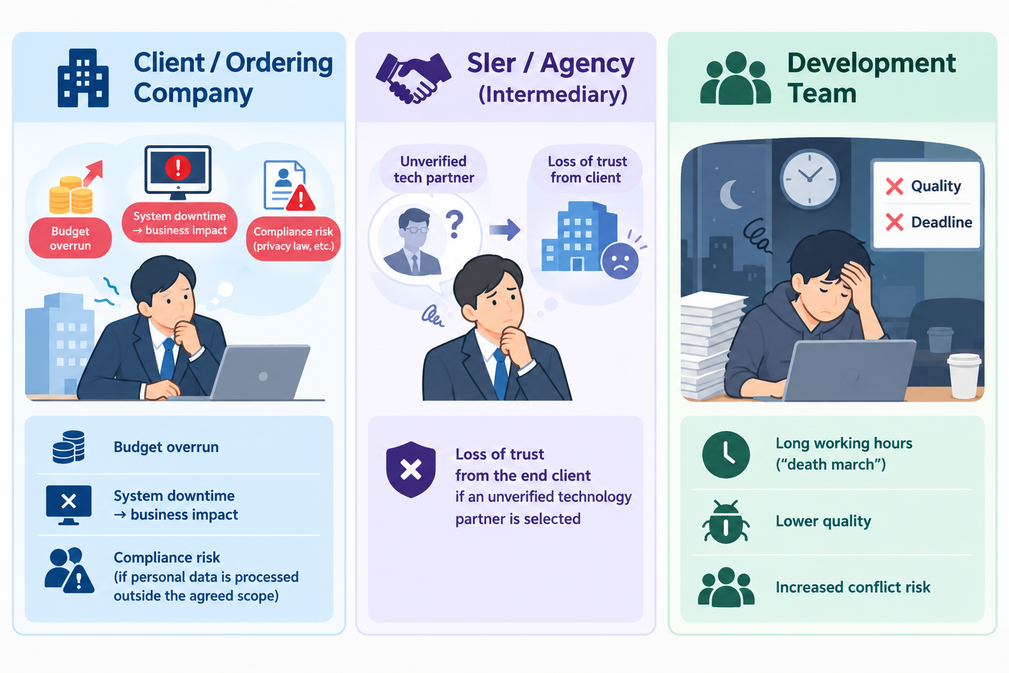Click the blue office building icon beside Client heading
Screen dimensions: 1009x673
click(x=83, y=78)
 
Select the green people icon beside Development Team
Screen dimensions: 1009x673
click(x=735, y=78)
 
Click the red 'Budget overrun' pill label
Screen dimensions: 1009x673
click(x=70, y=238)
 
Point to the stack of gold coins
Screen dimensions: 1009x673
click(x=71, y=195)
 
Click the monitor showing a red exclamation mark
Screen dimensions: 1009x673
click(x=178, y=172)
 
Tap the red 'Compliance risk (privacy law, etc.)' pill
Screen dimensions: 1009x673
click(x=293, y=239)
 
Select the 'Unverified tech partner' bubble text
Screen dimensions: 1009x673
click(x=434, y=170)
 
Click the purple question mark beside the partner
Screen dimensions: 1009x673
click(x=455, y=225)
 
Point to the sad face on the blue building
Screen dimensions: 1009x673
click(x=620, y=261)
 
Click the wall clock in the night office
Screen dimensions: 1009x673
click(x=809, y=179)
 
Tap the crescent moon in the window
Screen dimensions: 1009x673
click(x=730, y=195)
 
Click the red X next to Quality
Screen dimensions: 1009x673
click(x=895, y=186)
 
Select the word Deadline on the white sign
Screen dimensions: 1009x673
click(x=941, y=222)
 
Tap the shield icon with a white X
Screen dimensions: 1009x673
click(x=411, y=469)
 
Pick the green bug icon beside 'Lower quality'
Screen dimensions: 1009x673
click(x=726, y=521)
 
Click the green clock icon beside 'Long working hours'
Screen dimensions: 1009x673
click(x=726, y=454)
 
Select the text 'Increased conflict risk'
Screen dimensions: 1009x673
click(x=853, y=588)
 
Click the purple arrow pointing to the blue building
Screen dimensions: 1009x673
click(x=505, y=230)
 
